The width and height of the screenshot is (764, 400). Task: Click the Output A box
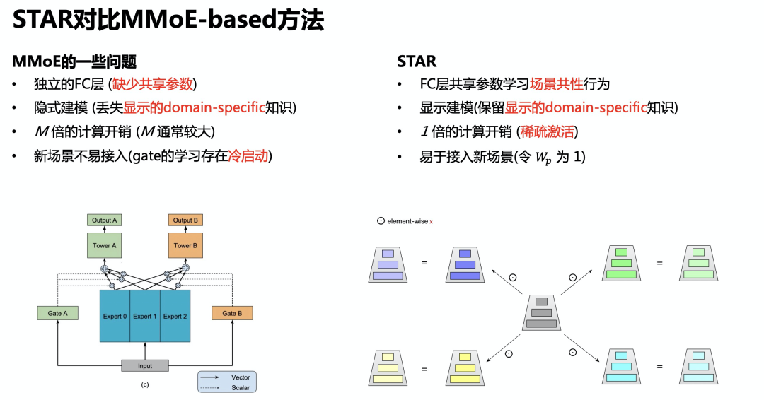[105, 220]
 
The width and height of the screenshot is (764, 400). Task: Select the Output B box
[185, 220]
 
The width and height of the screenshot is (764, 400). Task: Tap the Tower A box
[105, 245]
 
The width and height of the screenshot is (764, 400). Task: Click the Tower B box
[185, 245]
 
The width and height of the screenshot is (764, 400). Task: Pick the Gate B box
[232, 313]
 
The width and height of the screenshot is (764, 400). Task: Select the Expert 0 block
[115, 316]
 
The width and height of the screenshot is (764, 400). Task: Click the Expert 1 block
[144, 316]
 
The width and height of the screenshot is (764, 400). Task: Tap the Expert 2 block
[175, 316]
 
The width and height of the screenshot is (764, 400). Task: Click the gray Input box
[145, 365]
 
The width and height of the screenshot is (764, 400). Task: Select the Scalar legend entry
[240, 387]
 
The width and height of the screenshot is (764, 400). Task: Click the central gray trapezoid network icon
[541, 312]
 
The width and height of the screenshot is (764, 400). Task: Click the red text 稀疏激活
[548, 132]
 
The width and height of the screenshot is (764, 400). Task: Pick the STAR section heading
[417, 61]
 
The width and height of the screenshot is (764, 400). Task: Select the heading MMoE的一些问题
[74, 61]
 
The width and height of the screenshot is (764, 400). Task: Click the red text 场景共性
[556, 84]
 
